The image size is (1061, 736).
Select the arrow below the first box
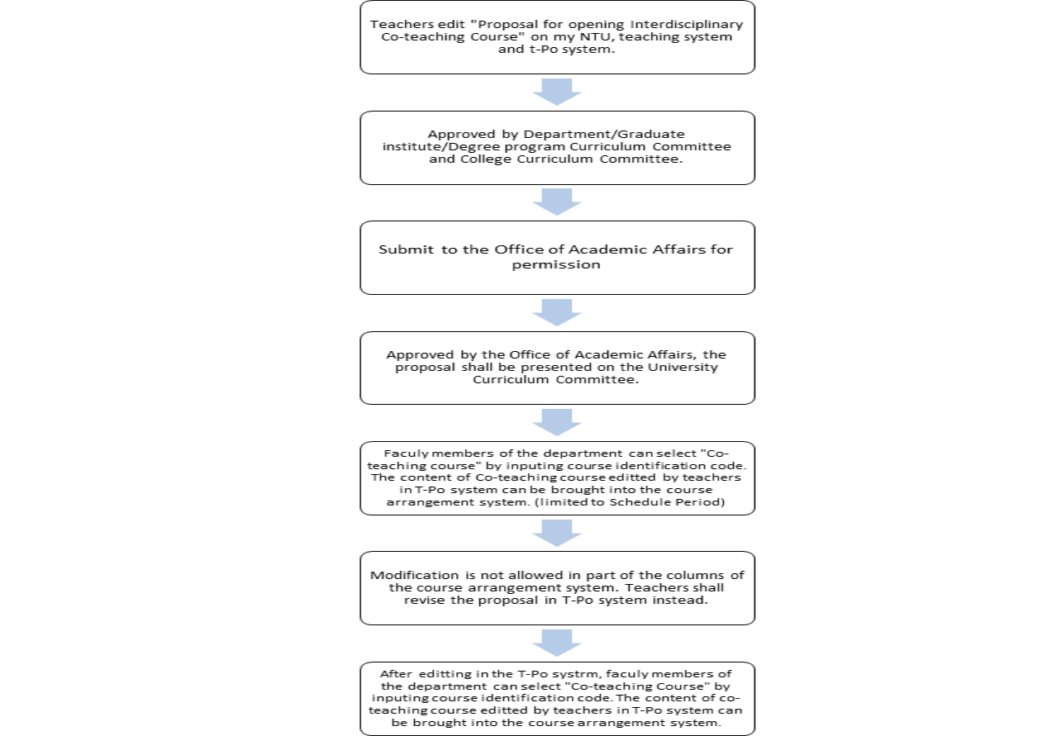point(557,92)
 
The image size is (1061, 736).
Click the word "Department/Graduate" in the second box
point(604,135)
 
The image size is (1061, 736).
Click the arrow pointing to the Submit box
point(557,202)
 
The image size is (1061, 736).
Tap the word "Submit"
point(406,249)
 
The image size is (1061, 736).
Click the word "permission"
point(556,265)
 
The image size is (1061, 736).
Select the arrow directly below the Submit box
point(557,312)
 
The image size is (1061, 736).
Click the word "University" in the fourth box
point(683,367)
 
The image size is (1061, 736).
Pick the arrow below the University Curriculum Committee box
point(557,422)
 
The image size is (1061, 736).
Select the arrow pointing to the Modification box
point(557,534)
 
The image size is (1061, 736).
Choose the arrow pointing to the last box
point(557,643)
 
